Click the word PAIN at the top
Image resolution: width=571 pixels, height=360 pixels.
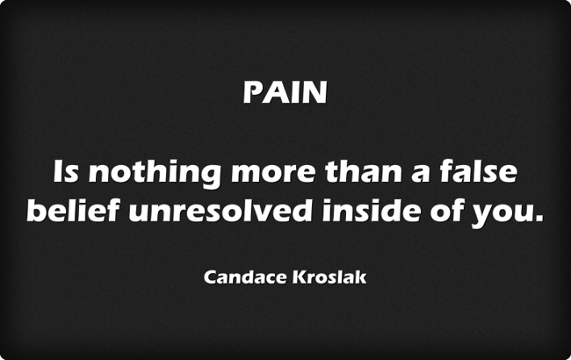point(285,92)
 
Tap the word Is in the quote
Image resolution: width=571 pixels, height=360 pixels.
point(66,171)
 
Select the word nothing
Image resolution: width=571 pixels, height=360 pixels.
point(155,174)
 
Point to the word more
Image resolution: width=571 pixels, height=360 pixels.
point(272,173)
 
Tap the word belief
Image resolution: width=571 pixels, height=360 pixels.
point(73,210)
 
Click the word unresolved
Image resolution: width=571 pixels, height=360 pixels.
point(220,210)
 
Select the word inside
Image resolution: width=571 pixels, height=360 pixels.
point(371,210)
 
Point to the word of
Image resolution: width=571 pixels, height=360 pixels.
point(446,210)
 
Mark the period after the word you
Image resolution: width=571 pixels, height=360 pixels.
point(538,218)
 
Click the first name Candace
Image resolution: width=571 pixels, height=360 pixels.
point(245,277)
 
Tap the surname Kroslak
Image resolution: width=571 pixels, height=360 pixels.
point(329,277)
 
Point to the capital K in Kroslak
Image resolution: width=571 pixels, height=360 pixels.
point(300,277)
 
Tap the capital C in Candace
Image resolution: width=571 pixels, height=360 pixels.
point(210,277)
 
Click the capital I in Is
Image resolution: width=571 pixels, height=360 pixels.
point(57,171)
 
